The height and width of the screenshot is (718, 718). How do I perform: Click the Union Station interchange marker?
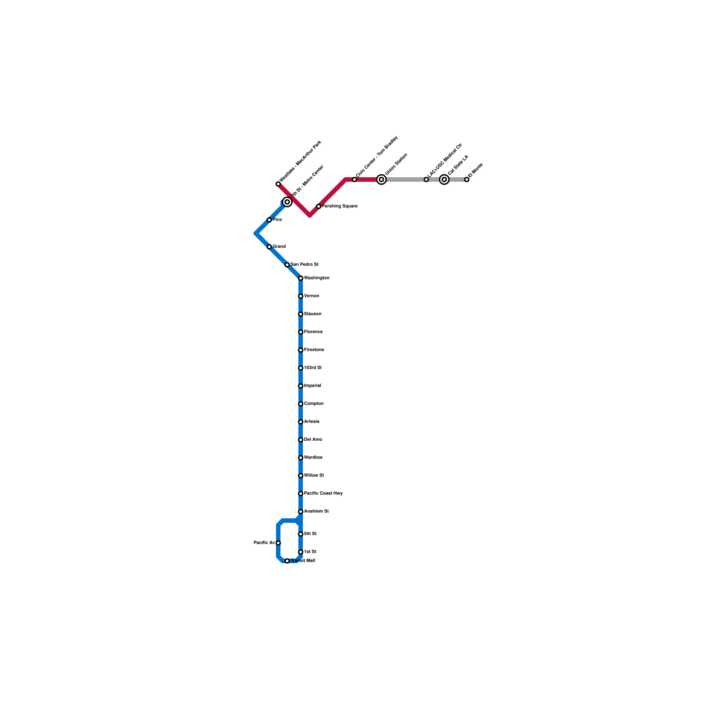tap(381, 179)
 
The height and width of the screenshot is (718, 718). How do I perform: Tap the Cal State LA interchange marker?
tap(444, 179)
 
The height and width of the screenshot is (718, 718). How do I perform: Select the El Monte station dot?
tap(467, 179)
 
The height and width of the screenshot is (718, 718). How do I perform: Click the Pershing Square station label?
tap(340, 206)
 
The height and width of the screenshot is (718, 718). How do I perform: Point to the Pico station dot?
tap(269, 220)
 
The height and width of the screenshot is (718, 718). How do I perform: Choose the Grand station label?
tap(279, 247)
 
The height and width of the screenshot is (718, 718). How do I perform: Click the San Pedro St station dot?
tap(287, 265)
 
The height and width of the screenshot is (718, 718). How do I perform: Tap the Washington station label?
tap(316, 278)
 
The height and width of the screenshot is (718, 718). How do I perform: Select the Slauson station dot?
tap(301, 314)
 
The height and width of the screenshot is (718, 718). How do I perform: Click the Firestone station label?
tap(314, 350)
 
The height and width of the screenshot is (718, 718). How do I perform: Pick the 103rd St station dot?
tap(301, 368)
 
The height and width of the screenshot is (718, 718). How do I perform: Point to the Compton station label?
tap(314, 404)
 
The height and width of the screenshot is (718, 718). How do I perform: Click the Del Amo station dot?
tap(301, 440)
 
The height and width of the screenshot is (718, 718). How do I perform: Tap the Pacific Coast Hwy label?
tap(323, 494)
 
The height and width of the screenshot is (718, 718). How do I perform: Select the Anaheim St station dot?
tap(301, 512)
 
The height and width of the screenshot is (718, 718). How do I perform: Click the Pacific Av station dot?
tap(278, 543)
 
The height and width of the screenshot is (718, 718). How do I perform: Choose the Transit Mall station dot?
tap(287, 561)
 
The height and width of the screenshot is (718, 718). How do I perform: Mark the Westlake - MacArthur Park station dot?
tap(278, 184)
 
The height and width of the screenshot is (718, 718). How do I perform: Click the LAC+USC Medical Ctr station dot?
tap(426, 179)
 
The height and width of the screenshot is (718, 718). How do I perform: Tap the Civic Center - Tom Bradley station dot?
tap(355, 179)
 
